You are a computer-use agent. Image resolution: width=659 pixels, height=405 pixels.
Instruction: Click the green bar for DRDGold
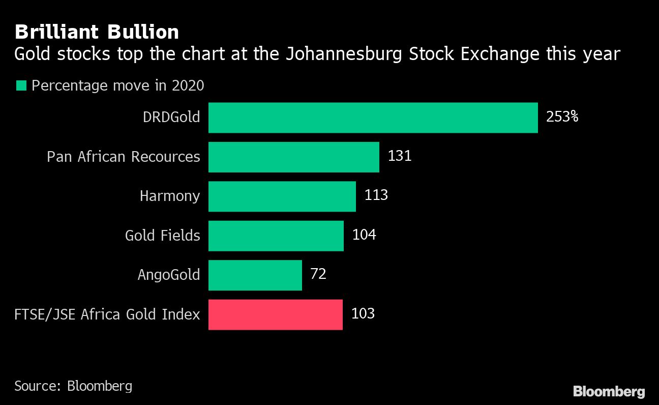coord(373,118)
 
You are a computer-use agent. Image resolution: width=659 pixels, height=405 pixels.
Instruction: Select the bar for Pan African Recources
coord(293,157)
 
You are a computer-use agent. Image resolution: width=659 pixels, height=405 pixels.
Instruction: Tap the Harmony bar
coord(282,196)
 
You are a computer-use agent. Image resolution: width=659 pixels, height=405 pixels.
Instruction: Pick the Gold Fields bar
coord(276,236)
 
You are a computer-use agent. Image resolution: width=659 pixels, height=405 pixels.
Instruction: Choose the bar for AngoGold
coord(255,275)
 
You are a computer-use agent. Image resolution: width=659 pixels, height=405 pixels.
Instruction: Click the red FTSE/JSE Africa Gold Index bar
coord(275,314)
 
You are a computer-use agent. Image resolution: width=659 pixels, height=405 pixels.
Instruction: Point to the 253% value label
coord(562,117)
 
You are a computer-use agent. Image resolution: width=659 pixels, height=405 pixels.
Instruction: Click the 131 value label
coord(399,156)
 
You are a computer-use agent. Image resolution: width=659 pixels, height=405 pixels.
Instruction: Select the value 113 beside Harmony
coord(376,195)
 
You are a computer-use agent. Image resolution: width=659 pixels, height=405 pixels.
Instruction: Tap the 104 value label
coord(364,235)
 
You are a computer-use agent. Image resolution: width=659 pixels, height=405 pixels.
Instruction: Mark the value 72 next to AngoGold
coord(318,274)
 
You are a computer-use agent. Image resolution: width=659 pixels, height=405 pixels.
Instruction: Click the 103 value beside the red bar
coord(363,313)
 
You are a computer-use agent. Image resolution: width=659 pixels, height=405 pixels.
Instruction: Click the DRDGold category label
coord(171,118)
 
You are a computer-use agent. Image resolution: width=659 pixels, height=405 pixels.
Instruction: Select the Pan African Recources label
coord(124,157)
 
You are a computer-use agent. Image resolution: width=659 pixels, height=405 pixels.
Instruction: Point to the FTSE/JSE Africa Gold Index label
coord(107,314)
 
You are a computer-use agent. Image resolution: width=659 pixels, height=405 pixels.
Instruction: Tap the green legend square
coord(21,85)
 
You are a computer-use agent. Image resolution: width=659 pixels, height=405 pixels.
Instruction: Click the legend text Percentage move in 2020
coord(117,85)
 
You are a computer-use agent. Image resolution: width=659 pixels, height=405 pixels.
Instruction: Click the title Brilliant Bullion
coord(97,33)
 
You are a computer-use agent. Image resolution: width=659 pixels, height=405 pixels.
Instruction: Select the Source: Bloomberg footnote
coord(73,386)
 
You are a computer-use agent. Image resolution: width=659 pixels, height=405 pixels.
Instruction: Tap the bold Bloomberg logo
coord(609,391)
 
